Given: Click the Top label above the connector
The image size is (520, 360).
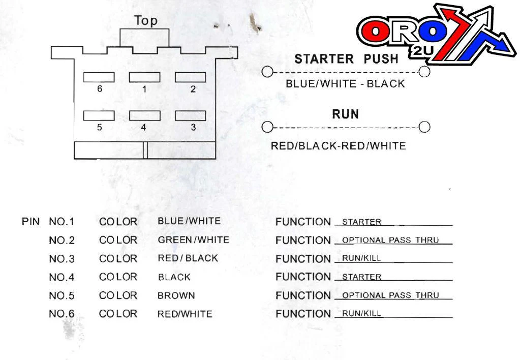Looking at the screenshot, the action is (146, 21).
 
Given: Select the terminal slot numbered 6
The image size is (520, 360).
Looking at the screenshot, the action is (99, 77).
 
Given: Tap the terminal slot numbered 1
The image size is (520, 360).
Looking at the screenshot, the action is (144, 77).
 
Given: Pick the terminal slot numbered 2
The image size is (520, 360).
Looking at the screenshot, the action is (190, 77).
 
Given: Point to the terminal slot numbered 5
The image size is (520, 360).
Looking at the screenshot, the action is (99, 116).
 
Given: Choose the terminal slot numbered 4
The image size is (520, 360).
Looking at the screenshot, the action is (144, 116).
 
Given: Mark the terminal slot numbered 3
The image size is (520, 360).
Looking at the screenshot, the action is (190, 116).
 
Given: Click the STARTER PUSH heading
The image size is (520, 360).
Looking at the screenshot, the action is (346, 59).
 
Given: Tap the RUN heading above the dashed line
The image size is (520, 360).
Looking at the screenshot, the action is (345, 114).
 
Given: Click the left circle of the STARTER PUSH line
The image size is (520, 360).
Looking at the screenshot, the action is (267, 72).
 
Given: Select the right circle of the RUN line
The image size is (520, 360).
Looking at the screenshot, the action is (424, 127).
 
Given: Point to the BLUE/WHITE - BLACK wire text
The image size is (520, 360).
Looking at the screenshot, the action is (345, 83).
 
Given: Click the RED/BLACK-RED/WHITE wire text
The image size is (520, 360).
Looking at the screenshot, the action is (338, 146).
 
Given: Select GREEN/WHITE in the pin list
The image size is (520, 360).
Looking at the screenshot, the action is (193, 240).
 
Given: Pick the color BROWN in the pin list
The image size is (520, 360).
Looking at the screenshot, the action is (176, 295).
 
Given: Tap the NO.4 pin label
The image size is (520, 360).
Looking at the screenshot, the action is (62, 277).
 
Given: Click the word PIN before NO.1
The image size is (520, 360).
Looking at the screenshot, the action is (30, 222).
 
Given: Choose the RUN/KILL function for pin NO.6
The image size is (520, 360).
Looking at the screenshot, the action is (361, 314).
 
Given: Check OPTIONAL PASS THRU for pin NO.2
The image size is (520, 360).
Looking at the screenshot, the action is (390, 240).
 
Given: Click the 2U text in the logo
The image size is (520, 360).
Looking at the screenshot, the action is (423, 50).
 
